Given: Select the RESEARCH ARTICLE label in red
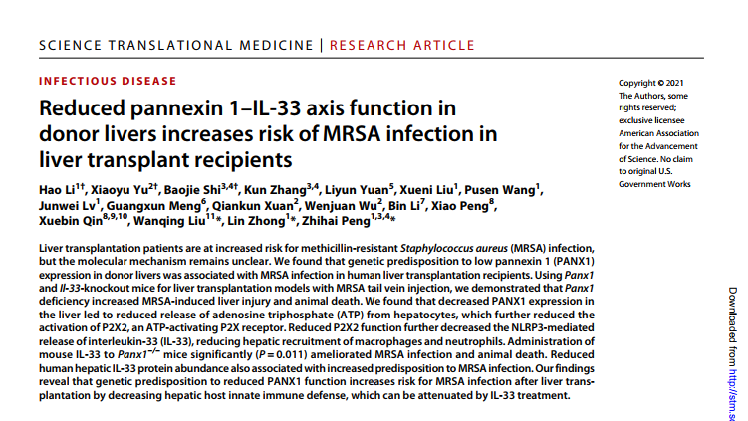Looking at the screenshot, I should tap(401, 45).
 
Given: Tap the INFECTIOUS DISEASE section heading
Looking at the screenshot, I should tap(108, 81).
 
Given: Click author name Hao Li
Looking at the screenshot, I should tap(55, 189).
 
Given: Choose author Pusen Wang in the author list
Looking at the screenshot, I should tap(506, 189).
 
